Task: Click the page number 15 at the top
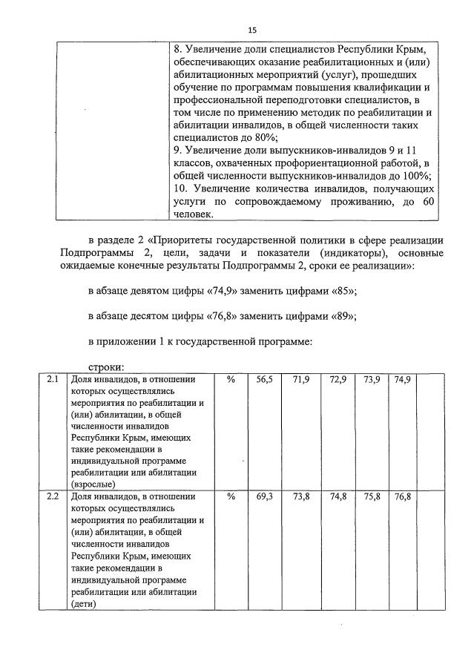(x=252, y=30)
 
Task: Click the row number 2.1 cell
(x=52, y=380)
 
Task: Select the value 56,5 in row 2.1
(x=265, y=380)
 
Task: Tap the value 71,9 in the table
(x=301, y=380)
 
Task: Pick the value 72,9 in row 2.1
(x=338, y=380)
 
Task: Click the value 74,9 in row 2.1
(x=403, y=380)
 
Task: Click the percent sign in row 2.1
(x=231, y=380)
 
